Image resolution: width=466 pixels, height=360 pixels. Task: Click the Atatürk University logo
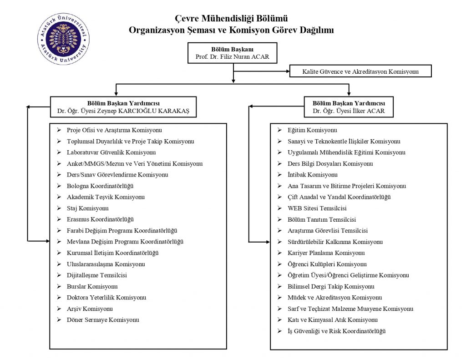point(63,39)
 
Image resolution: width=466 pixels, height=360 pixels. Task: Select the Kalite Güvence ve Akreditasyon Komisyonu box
point(360,71)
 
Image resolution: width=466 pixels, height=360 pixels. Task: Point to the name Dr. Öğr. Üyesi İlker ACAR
point(349,111)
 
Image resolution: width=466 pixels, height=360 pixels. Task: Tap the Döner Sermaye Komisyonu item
point(102,319)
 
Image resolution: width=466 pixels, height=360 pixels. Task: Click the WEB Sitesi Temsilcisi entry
point(317,208)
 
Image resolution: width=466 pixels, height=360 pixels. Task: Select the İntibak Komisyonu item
point(313,174)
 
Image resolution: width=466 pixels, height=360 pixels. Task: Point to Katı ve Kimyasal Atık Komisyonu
point(333,319)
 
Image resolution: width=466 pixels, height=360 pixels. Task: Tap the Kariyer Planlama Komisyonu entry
point(326,253)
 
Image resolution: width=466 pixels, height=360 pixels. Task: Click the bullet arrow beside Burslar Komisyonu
point(58,286)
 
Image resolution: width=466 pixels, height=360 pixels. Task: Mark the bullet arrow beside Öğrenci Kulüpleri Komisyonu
point(279,264)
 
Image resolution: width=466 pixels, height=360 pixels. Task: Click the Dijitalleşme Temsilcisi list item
point(96,275)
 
